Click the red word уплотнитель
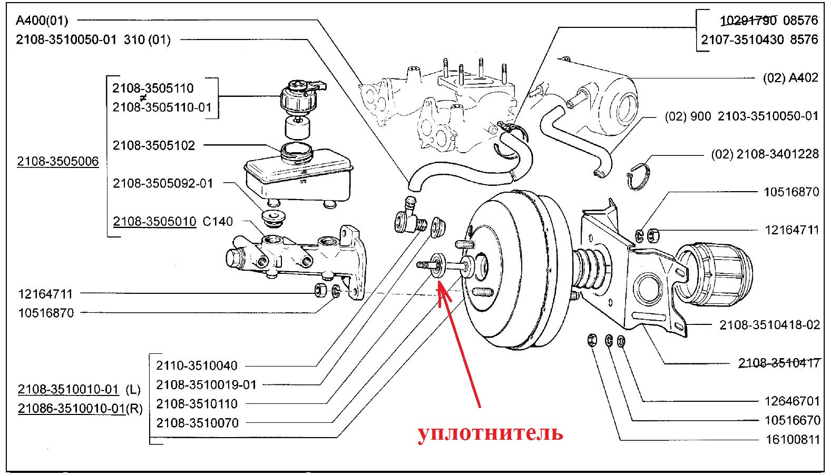[490, 433]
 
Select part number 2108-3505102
[154, 145]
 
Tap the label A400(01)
[42, 21]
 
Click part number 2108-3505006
[58, 162]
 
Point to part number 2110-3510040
[197, 365]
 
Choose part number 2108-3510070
[197, 423]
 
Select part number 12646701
[792, 401]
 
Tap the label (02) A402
[790, 78]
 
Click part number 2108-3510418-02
[770, 325]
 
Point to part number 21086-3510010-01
[72, 409]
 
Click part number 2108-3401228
[778, 154]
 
